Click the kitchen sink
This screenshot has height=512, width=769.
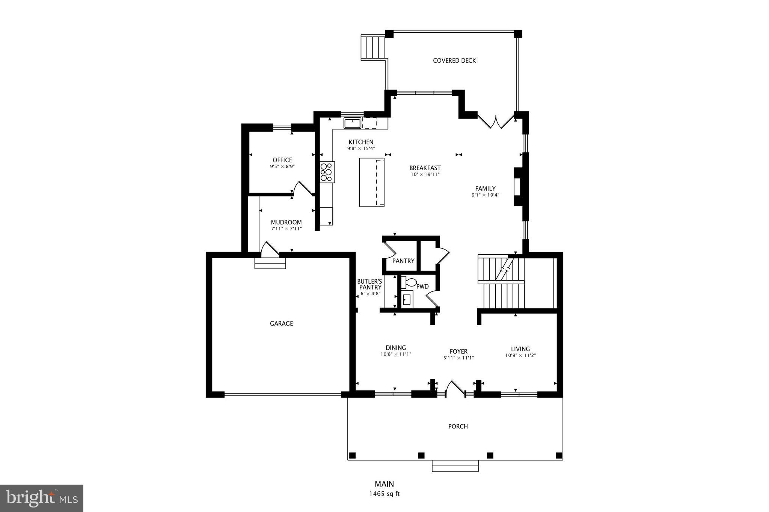[x=352, y=123]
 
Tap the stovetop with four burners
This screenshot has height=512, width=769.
[x=327, y=172]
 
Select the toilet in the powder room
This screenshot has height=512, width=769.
[x=410, y=282]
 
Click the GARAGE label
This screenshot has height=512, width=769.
[x=281, y=323]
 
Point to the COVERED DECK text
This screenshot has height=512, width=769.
[x=454, y=60]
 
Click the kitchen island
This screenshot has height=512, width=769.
[x=372, y=182]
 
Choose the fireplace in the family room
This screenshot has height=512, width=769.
[x=519, y=187]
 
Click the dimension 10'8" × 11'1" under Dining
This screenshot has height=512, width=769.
[x=396, y=354]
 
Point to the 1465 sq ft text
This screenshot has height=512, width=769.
[x=384, y=494]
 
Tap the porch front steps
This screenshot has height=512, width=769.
[x=455, y=466]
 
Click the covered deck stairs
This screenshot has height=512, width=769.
[x=373, y=47]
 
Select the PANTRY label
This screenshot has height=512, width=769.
[x=403, y=261]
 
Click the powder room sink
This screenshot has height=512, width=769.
[x=407, y=300]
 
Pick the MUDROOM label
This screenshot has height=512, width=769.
[x=286, y=222]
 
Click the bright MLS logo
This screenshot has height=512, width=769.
[x=42, y=498]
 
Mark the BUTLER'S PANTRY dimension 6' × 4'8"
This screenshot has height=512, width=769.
[x=369, y=294]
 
